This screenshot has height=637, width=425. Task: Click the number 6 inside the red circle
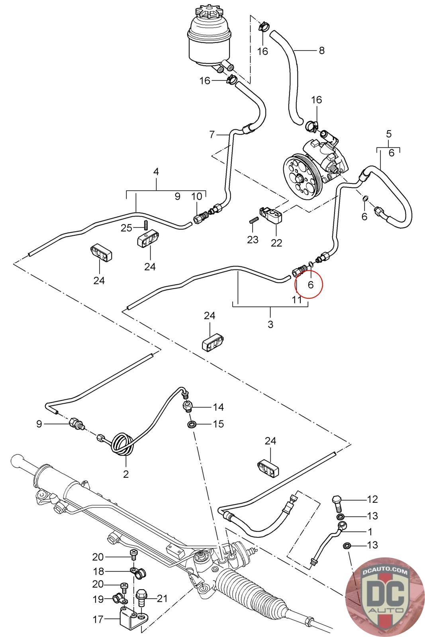(311, 285)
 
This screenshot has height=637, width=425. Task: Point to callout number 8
(321, 51)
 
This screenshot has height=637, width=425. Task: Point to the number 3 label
(270, 324)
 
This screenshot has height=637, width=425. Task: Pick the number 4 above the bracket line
(156, 172)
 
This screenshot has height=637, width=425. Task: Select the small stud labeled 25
(146, 225)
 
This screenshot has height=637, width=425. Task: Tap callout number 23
(253, 240)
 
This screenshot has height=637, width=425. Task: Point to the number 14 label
(218, 407)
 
